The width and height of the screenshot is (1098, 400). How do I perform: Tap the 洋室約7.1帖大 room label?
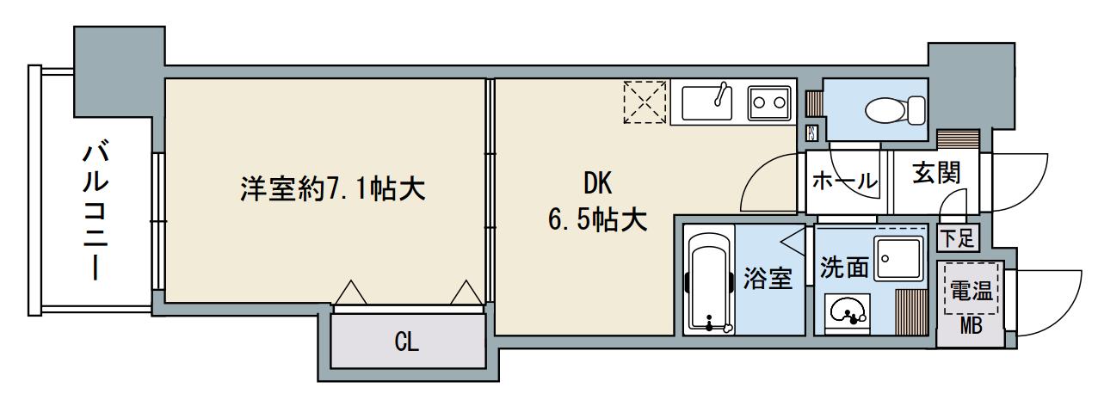333,188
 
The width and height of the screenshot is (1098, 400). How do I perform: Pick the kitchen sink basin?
706,105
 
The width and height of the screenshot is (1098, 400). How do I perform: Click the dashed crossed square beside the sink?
645,102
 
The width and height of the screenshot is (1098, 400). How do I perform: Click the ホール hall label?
846,182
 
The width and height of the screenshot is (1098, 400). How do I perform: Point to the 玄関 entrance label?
936,175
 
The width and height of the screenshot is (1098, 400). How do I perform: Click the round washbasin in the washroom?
847,312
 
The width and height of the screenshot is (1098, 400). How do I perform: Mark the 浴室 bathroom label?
767,280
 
